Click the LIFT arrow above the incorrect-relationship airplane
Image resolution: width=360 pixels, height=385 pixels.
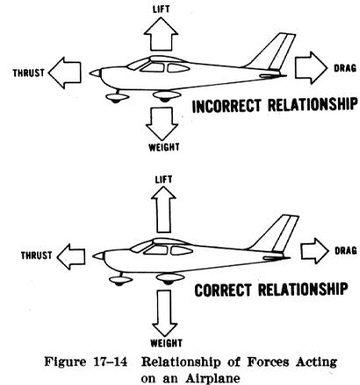[161, 34]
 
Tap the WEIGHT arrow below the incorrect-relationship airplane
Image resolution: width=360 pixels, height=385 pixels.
[162, 124]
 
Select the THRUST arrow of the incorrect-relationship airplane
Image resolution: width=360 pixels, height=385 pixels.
[65, 73]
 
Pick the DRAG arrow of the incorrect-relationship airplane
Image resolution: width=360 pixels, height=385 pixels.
[311, 68]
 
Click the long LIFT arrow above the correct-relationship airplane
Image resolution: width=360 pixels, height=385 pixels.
[163, 210]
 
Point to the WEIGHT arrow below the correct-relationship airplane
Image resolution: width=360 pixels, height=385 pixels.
[165, 313]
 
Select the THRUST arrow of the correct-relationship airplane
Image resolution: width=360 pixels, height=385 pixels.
[71, 256]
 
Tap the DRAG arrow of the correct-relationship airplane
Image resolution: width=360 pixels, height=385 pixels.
[315, 251]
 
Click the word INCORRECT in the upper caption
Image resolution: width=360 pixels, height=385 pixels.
[227, 105]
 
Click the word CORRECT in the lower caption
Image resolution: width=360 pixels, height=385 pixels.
[223, 290]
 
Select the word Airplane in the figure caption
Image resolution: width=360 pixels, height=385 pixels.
[212, 379]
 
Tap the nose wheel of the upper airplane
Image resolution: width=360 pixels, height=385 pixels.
[117, 98]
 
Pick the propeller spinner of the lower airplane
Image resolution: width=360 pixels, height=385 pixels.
[98, 256]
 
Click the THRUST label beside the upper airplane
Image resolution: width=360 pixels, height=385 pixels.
[29, 73]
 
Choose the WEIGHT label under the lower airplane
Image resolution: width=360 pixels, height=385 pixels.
[166, 343]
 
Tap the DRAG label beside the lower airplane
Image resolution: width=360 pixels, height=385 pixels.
[346, 251]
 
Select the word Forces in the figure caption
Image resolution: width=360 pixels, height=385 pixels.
[268, 362]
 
